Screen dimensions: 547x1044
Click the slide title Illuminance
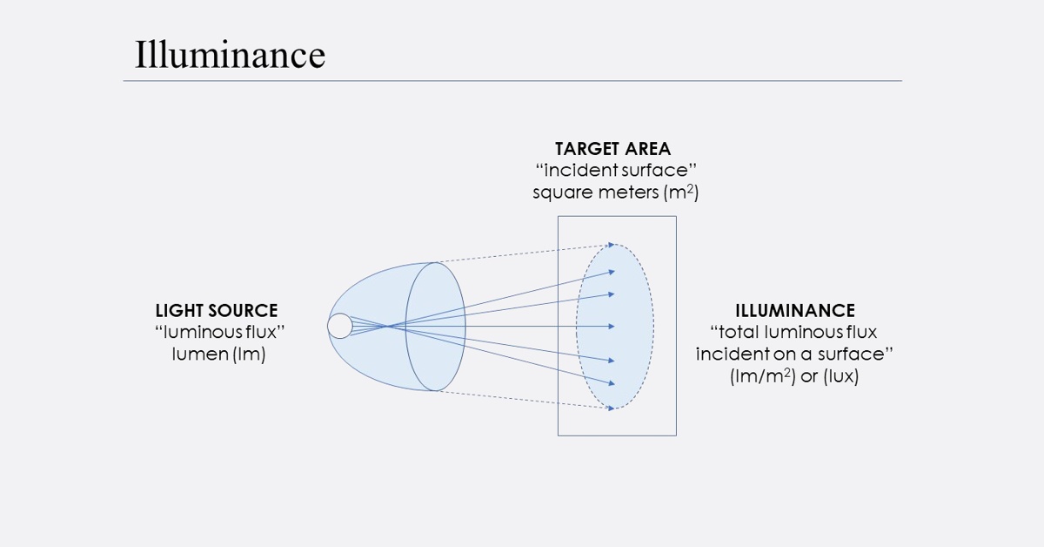coord(230,55)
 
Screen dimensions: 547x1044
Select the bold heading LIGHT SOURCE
coord(217,311)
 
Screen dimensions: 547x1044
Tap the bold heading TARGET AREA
coord(613,149)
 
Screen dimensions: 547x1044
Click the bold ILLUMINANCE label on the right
coord(795,311)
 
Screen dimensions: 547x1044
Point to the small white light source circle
coord(339,326)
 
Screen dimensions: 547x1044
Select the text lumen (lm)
coord(217,354)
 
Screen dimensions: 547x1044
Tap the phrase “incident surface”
coord(614,170)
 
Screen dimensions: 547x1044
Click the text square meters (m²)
coord(615,192)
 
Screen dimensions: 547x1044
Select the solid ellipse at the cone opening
coord(465,326)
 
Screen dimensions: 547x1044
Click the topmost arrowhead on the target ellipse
coord(612,245)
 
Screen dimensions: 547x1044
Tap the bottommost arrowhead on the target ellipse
coord(612,408)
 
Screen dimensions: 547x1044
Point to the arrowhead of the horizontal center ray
coord(612,327)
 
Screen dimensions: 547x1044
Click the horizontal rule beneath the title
coord(512,81)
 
